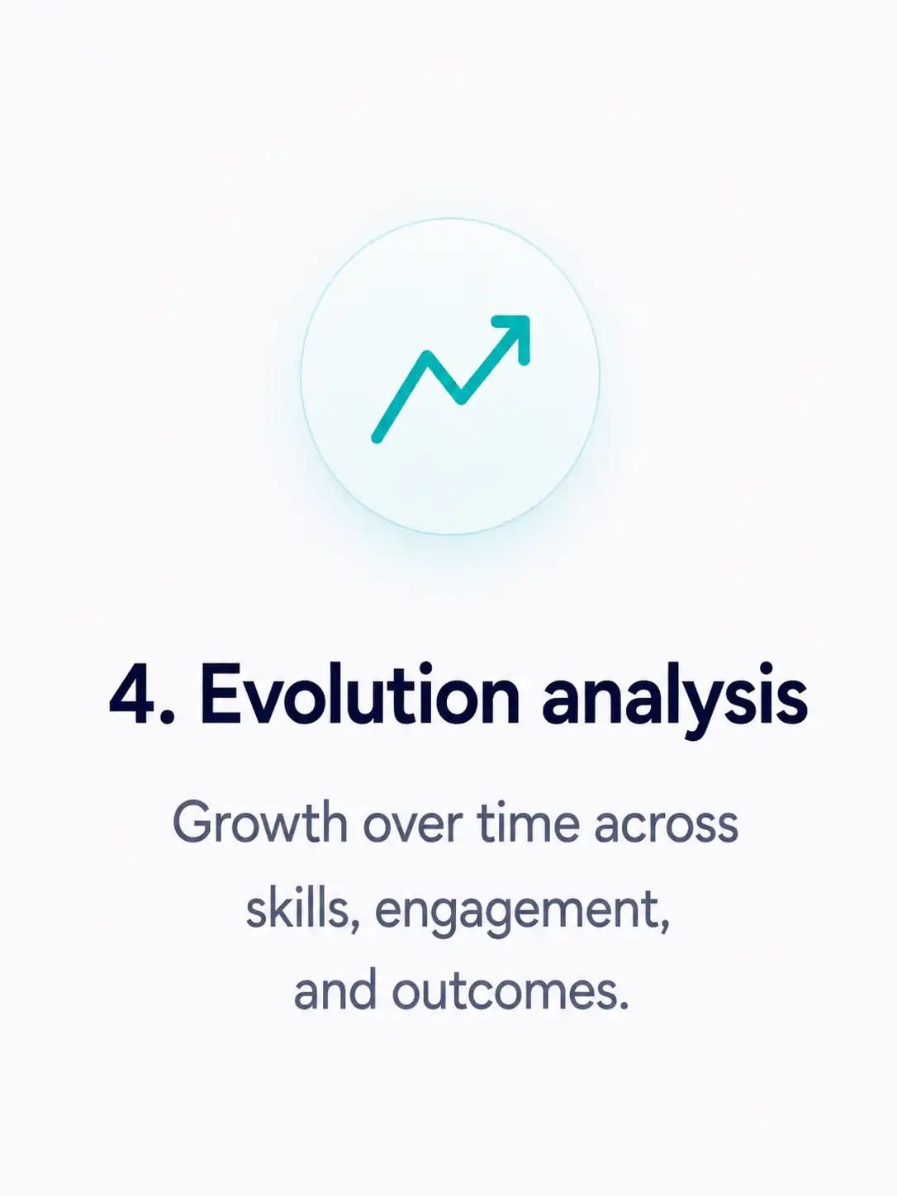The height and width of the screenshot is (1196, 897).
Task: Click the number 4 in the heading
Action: click(x=131, y=694)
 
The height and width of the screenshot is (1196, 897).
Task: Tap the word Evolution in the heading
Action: click(x=360, y=694)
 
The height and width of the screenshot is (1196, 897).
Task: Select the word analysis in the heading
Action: click(x=675, y=700)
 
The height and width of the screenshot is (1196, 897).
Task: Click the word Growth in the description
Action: click(x=260, y=823)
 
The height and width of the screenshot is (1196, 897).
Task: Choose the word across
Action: click(x=666, y=828)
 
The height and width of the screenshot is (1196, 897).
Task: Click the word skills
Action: click(x=297, y=910)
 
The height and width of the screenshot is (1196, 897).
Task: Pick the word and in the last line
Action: click(x=335, y=991)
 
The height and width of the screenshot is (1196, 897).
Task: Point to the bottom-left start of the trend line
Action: click(x=377, y=438)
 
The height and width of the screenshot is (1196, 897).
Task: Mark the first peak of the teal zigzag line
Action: click(x=428, y=355)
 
